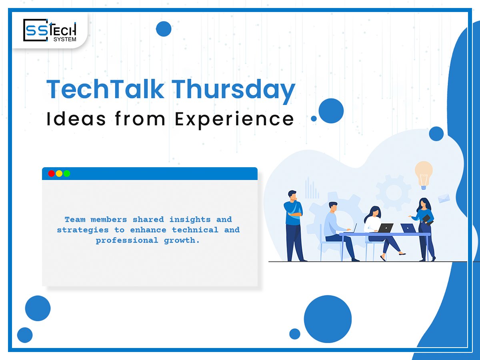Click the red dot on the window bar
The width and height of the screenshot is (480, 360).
click(x=51, y=174)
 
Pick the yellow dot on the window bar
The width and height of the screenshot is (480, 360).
click(x=59, y=174)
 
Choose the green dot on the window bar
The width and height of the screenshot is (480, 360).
click(x=66, y=174)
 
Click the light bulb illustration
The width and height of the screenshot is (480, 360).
click(x=424, y=174)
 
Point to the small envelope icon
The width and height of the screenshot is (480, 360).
click(x=444, y=198)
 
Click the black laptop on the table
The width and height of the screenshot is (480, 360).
click(x=385, y=228)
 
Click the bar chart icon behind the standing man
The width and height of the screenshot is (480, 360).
click(x=312, y=188)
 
